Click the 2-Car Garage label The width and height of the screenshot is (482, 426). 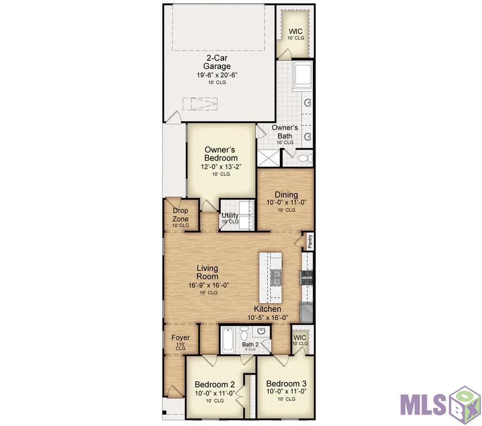(x=217, y=62)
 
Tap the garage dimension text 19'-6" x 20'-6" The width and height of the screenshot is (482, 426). (x=217, y=75)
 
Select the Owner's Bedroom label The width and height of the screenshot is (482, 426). (x=221, y=154)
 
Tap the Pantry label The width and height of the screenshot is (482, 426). (x=310, y=241)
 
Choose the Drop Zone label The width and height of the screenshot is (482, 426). (x=180, y=215)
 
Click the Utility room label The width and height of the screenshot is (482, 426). (x=230, y=215)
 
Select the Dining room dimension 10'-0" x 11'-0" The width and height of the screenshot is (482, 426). (x=287, y=202)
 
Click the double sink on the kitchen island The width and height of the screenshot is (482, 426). (x=276, y=278)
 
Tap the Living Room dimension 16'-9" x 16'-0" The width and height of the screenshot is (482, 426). (x=209, y=285)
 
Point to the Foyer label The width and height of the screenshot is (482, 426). (x=180, y=337)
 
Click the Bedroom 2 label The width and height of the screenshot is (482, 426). (x=215, y=385)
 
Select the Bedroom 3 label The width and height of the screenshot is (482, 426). (x=286, y=383)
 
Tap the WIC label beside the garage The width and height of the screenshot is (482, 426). (x=296, y=32)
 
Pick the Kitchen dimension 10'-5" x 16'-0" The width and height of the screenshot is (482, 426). (x=268, y=318)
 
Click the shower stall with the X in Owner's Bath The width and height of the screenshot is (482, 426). (x=268, y=159)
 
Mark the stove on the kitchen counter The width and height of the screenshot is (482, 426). (x=307, y=278)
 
